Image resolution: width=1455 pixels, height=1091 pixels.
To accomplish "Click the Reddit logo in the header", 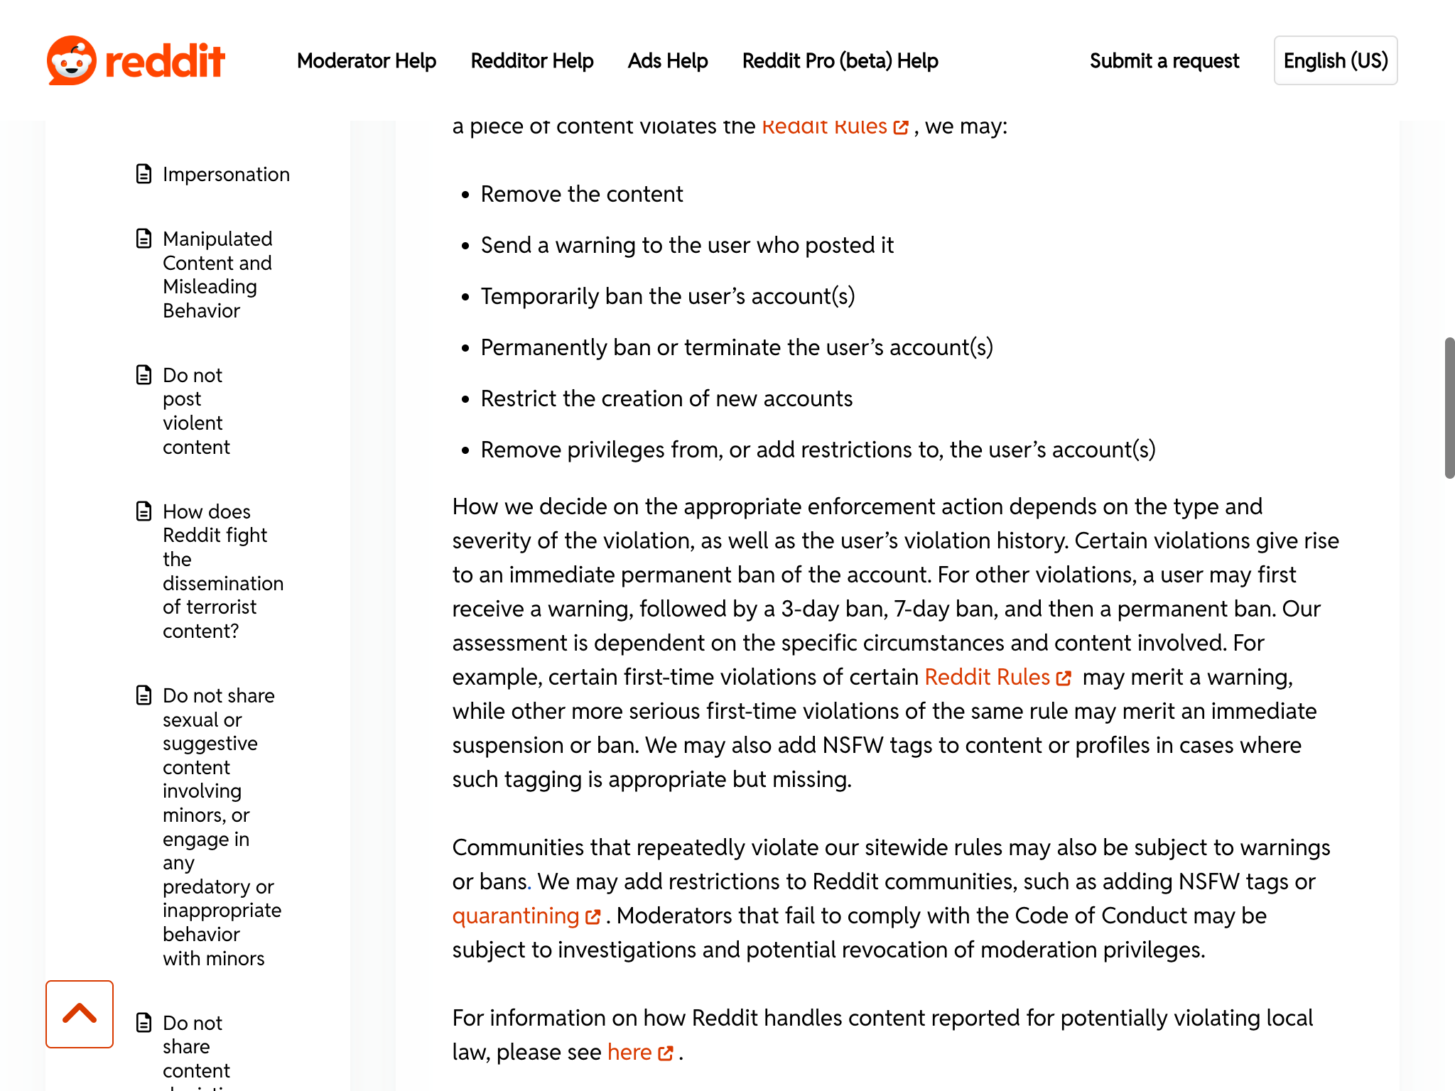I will [136, 60].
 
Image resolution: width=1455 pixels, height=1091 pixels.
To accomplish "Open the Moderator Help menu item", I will [366, 61].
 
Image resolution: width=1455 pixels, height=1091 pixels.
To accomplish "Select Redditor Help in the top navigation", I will [531, 61].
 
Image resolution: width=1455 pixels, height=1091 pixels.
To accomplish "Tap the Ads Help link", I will [667, 61].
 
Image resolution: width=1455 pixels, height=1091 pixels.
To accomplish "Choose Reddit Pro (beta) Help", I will [840, 61].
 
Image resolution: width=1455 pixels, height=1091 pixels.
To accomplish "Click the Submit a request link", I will [1164, 61].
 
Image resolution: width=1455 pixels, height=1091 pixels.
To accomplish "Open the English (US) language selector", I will [1335, 61].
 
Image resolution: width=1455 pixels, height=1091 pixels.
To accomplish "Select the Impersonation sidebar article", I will [226, 174].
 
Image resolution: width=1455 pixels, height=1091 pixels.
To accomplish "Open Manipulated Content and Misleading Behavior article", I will [217, 274].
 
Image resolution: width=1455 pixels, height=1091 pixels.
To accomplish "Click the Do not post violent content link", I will [196, 411].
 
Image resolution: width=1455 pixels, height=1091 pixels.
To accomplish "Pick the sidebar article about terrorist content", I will [222, 571].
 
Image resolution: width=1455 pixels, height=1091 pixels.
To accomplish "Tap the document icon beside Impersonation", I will [144, 174].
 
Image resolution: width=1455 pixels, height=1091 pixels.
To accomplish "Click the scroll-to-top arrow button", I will [80, 1014].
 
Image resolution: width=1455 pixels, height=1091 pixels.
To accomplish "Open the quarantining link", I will [516, 916].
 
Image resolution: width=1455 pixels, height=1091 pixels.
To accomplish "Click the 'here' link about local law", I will [629, 1052].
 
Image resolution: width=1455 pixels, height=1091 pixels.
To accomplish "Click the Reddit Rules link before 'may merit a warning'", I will [987, 677].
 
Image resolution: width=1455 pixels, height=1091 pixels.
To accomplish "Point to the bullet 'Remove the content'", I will [581, 194].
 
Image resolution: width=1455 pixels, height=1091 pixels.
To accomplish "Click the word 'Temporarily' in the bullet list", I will [539, 296].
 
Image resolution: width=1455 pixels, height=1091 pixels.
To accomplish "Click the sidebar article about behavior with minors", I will [219, 826].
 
